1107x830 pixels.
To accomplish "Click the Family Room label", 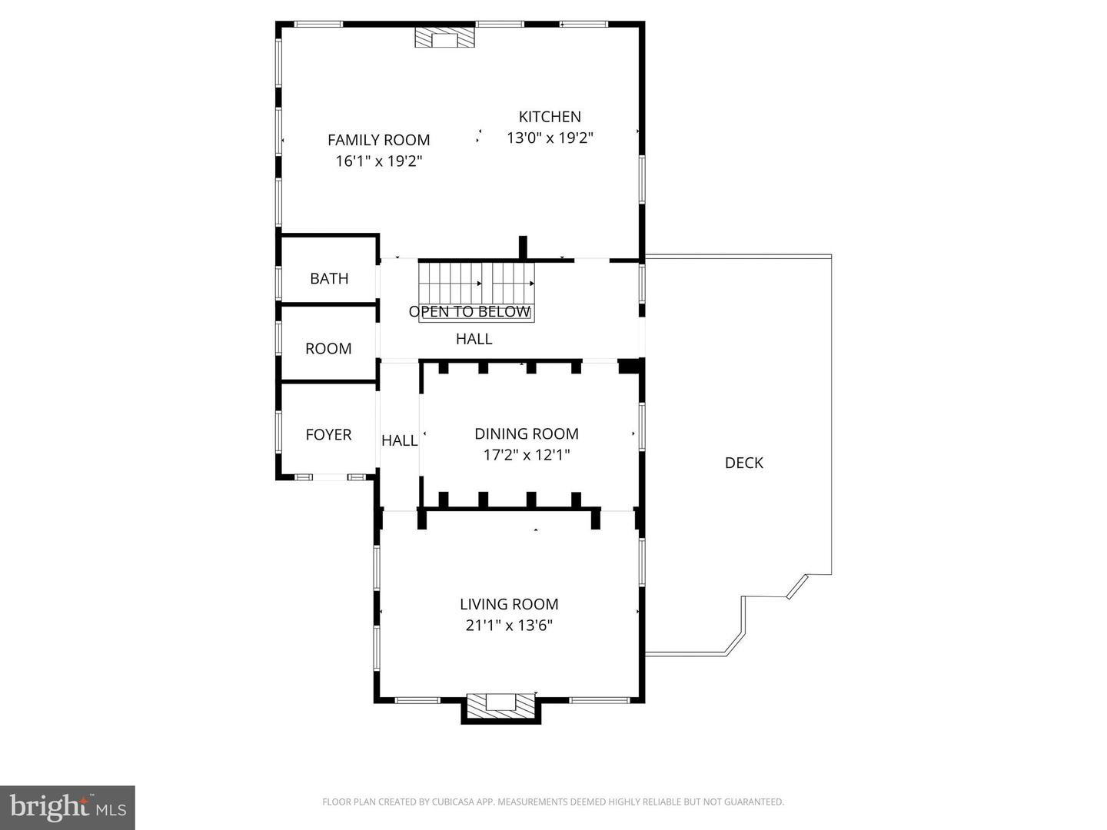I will pos(378,140).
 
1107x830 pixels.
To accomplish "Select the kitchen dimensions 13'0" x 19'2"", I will pos(550,138).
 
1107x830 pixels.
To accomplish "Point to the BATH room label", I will pos(329,279).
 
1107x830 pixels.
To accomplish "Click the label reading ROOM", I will pos(328,349).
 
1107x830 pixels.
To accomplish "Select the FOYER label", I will pos(328,435).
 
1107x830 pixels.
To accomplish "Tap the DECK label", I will pos(743,463).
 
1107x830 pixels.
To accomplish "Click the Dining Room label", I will pos(527,433).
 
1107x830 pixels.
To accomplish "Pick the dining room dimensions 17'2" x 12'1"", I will pos(527,455).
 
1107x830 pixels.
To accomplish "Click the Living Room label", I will pos(509,604).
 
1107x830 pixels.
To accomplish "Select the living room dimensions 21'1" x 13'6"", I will pos(509,626).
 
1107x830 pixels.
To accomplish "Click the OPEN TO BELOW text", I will pos(469,311).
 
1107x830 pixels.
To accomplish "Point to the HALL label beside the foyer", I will pos(400,440).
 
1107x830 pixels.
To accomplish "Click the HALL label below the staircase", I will pos(474,339).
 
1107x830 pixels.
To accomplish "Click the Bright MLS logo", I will pos(68,807).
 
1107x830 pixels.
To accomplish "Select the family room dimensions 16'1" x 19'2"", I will pos(378,161).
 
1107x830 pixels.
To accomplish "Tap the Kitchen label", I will pos(550,117).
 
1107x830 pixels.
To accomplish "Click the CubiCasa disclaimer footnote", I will pos(553,802).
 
